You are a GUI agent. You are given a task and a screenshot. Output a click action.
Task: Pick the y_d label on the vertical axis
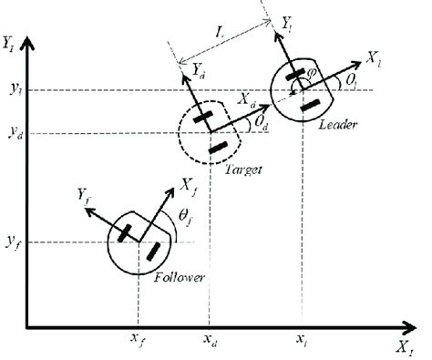point(13,134)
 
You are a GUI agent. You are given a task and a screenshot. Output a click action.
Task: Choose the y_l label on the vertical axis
point(13,90)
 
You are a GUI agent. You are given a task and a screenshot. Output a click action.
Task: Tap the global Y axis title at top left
point(11,43)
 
